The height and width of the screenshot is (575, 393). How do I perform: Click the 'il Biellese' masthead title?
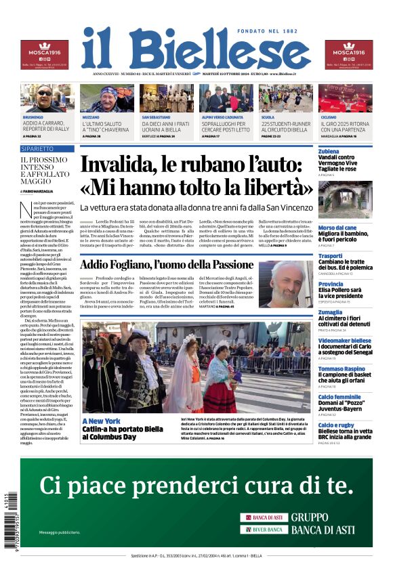pyautogui.click(x=196, y=48)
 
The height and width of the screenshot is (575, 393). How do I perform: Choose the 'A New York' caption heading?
pyautogui.click(x=101, y=421)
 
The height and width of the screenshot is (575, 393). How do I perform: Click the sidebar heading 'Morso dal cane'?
pyautogui.click(x=337, y=228)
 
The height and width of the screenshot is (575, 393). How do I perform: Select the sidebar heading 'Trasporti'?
pyautogui.click(x=331, y=256)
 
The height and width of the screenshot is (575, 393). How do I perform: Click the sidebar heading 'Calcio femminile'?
pyautogui.click(x=339, y=397)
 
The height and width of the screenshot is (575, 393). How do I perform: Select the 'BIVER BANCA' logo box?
pyautogui.click(x=264, y=529)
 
